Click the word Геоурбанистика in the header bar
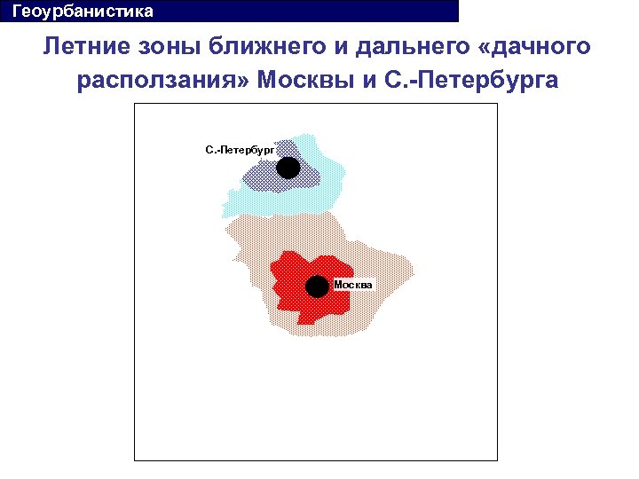point(76,12)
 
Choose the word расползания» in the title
point(164,81)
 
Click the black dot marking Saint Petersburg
point(288,167)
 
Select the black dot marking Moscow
point(317,287)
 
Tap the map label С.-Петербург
point(239,150)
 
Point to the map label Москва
point(353,284)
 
